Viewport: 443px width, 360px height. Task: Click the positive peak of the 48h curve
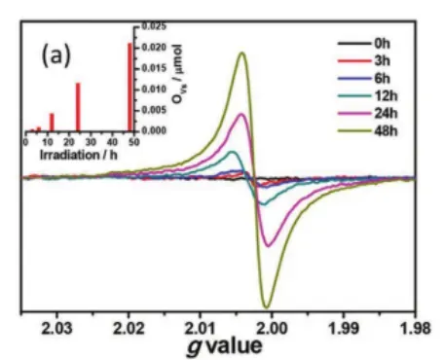pos(240,53)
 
